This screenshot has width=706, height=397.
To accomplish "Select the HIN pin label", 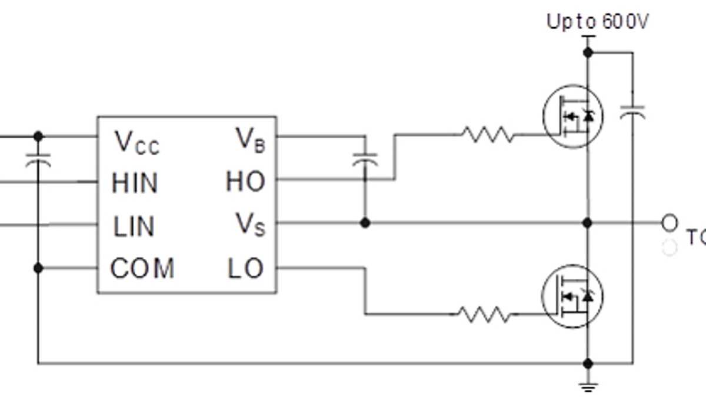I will [x=135, y=184].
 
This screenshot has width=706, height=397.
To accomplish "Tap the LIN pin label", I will [x=134, y=226].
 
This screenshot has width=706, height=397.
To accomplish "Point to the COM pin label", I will [x=142, y=269].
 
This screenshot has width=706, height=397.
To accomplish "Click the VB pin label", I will [x=251, y=140].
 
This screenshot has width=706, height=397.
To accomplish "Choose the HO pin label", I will [x=245, y=182].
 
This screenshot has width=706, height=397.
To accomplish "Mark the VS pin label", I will [x=251, y=224].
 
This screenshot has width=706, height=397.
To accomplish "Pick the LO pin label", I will [x=245, y=269].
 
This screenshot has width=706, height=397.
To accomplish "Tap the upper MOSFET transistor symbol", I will [x=572, y=117].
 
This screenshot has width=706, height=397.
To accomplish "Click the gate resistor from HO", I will [x=487, y=135].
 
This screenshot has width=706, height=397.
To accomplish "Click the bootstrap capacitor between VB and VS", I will [x=365, y=158].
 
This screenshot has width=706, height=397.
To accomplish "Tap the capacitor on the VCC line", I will [x=38, y=158].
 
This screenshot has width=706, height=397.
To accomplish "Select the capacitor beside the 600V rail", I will [x=632, y=111].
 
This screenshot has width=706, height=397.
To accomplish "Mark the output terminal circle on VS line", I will [x=670, y=223].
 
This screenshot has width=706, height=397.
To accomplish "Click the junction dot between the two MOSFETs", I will [x=587, y=223].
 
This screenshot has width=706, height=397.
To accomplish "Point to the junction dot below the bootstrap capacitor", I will [x=365, y=223].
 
